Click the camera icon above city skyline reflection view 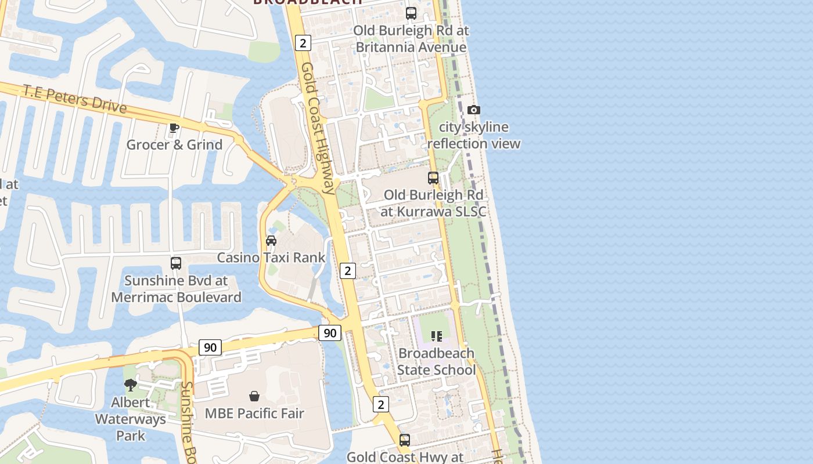[474, 110]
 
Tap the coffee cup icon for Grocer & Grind [174, 128]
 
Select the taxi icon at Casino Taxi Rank [271, 240]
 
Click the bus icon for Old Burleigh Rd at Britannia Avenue [411, 13]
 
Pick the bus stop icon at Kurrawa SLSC [433, 177]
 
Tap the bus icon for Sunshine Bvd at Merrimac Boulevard [176, 263]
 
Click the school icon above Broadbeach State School [437, 336]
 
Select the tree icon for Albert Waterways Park [131, 385]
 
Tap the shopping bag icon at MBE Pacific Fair [254, 396]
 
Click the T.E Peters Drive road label [75, 99]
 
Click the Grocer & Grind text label [174, 145]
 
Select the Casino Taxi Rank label [271, 257]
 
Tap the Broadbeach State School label [436, 361]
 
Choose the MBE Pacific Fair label [254, 414]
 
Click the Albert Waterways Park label [131, 419]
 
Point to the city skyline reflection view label [474, 135]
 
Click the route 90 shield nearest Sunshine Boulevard [210, 347]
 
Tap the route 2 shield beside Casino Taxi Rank [347, 270]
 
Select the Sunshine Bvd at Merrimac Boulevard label [176, 289]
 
